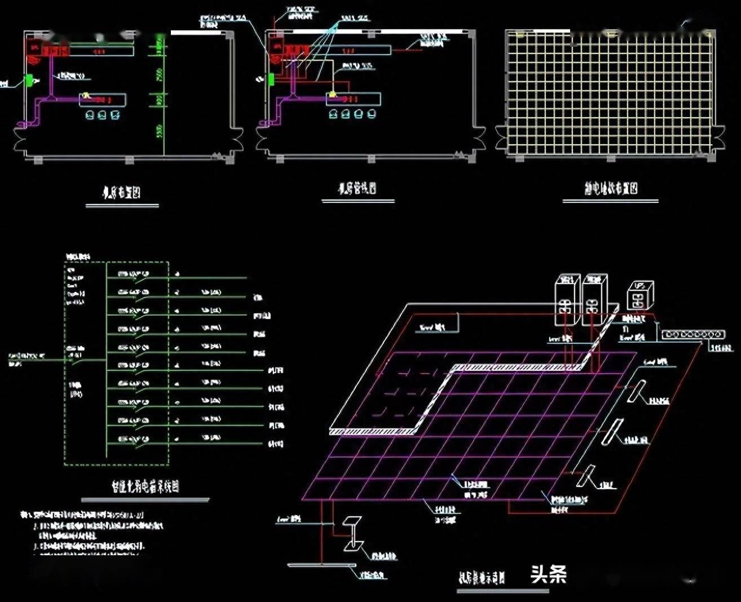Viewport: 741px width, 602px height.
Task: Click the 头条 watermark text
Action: pyautogui.click(x=548, y=574)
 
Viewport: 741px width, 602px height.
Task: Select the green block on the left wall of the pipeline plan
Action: pyautogui.click(x=271, y=79)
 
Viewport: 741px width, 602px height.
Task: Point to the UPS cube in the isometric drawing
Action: pyautogui.click(x=639, y=295)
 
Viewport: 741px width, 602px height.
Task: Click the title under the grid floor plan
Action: pyautogui.click(x=611, y=188)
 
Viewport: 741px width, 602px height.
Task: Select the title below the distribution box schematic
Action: pyautogui.click(x=145, y=486)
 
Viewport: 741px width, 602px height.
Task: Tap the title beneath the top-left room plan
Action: pyautogui.click(x=121, y=193)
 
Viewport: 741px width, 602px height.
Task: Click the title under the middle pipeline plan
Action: pyautogui.click(x=358, y=188)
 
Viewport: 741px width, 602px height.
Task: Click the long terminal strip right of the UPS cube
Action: pyautogui.click(x=686, y=335)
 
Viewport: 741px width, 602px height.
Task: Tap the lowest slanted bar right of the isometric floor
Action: pyautogui.click(x=586, y=476)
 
